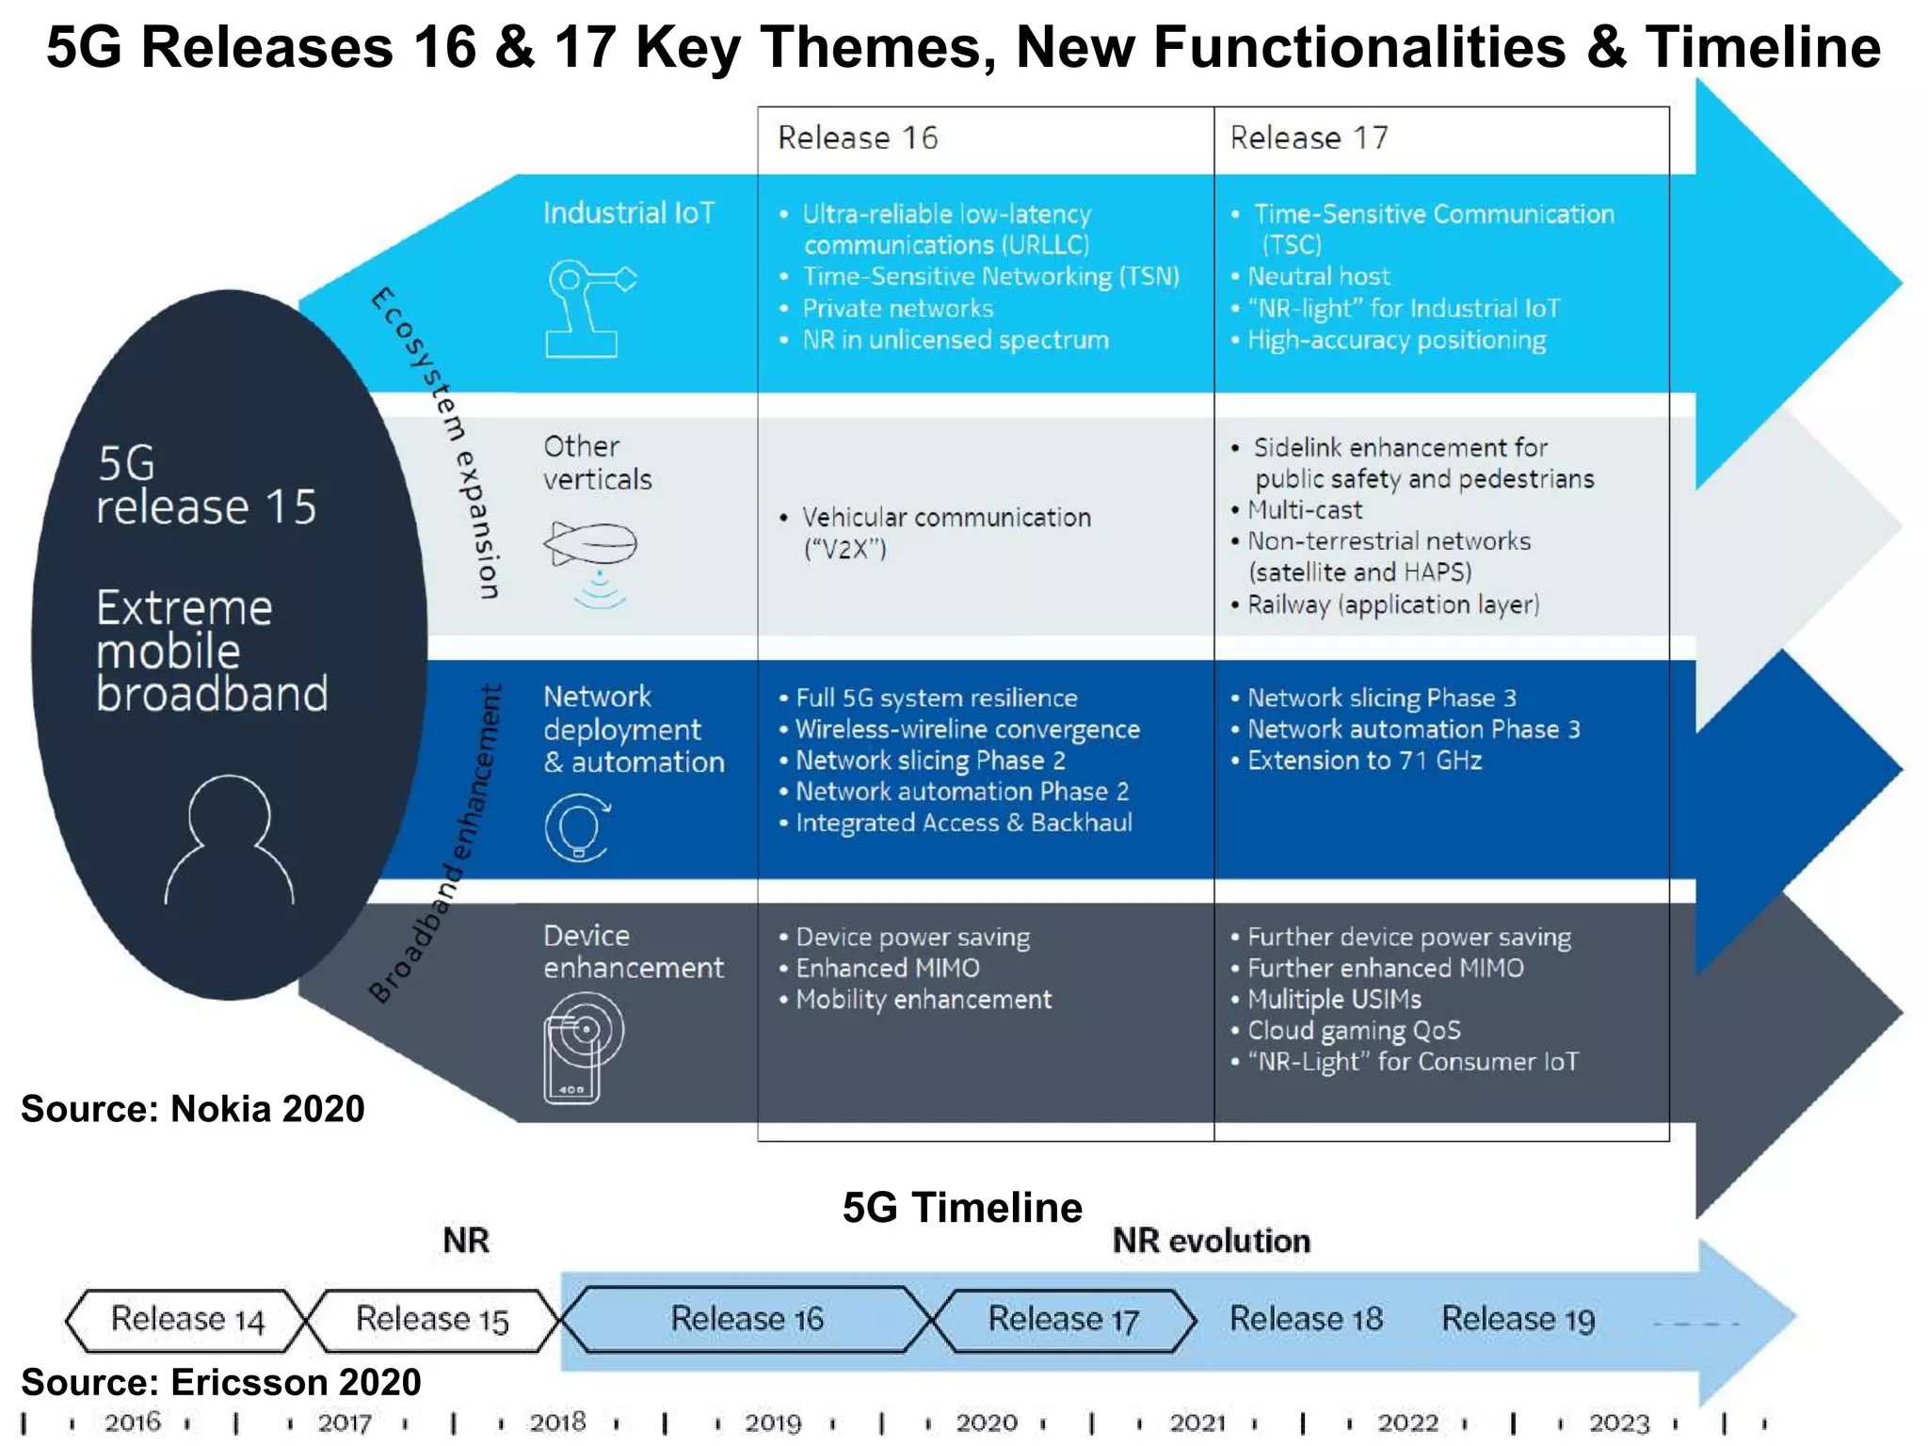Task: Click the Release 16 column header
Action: point(858,138)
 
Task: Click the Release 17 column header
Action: point(1309,138)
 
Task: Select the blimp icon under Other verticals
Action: point(591,544)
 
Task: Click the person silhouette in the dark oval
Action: point(230,841)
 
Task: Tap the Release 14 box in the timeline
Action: point(186,1320)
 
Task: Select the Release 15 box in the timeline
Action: point(432,1320)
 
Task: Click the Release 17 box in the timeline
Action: point(1063,1320)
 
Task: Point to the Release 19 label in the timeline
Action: point(1518,1320)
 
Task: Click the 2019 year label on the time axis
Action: point(772,1422)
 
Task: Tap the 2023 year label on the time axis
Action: point(1619,1422)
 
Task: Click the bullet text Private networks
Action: point(897,309)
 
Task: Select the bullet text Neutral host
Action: point(1318,277)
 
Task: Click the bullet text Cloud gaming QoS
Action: point(1354,1031)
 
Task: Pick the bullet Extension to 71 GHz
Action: point(1364,761)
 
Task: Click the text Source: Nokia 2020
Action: point(193,1109)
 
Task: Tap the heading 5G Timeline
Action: point(962,1208)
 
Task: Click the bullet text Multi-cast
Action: point(1305,510)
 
